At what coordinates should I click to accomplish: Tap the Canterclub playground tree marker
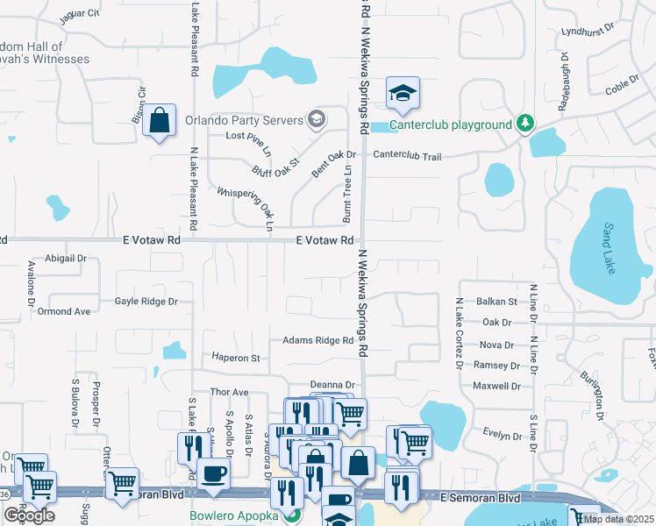pyautogui.click(x=525, y=123)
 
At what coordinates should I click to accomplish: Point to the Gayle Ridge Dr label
pyautogui.click(x=146, y=301)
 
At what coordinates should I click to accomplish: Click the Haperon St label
pyautogui.click(x=236, y=358)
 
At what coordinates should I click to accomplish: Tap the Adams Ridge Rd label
pyautogui.click(x=317, y=340)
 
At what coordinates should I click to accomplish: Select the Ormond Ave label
pyautogui.click(x=64, y=311)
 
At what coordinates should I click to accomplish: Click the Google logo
pyautogui.click(x=29, y=515)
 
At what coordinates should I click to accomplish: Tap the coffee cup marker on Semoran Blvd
pyautogui.click(x=214, y=474)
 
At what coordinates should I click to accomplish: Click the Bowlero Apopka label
pyautogui.click(x=234, y=515)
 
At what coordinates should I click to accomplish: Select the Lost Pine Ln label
pyautogui.click(x=249, y=136)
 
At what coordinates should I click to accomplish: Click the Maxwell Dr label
pyautogui.click(x=496, y=386)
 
